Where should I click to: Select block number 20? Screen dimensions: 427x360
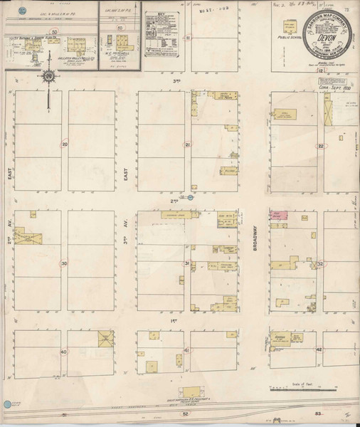coord(65,144)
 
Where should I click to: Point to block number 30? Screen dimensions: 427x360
coord(65,263)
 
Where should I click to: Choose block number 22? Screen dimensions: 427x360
coord(321,145)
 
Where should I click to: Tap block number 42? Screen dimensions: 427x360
coord(319,350)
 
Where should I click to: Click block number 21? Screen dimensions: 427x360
coord(188,145)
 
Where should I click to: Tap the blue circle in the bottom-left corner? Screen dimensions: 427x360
coord(7,404)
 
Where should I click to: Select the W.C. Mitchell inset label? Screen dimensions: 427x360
coord(118,53)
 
